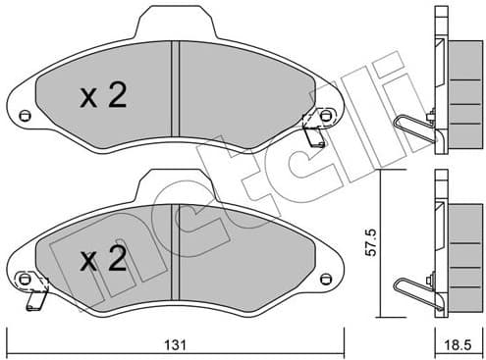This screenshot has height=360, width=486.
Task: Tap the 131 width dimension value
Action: pyautogui.click(x=176, y=345)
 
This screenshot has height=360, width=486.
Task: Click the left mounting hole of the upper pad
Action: pyautogui.click(x=26, y=118)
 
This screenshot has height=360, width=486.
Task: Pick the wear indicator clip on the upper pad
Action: pyautogui.click(x=313, y=129)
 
